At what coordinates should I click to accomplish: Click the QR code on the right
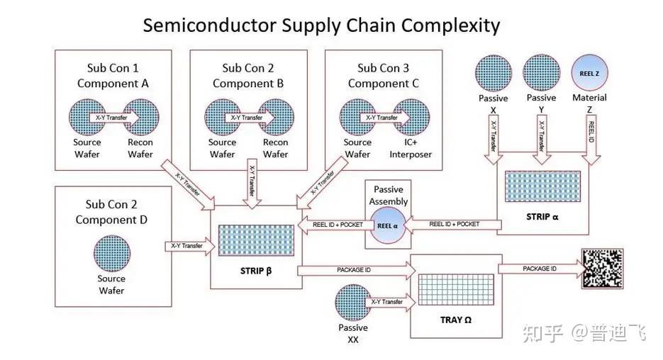pyautogui.click(x=602, y=268)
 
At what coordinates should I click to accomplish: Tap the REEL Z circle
pyautogui.click(x=589, y=74)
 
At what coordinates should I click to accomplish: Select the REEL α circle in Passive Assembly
pyautogui.click(x=388, y=226)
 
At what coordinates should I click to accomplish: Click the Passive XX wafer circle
pyautogui.click(x=353, y=303)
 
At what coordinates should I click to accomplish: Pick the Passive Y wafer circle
pyautogui.click(x=541, y=74)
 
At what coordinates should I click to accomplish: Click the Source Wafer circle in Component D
pyautogui.click(x=111, y=254)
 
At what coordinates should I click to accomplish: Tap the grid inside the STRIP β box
pyautogui.click(x=256, y=241)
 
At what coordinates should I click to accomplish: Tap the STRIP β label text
pyautogui.click(x=256, y=269)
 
